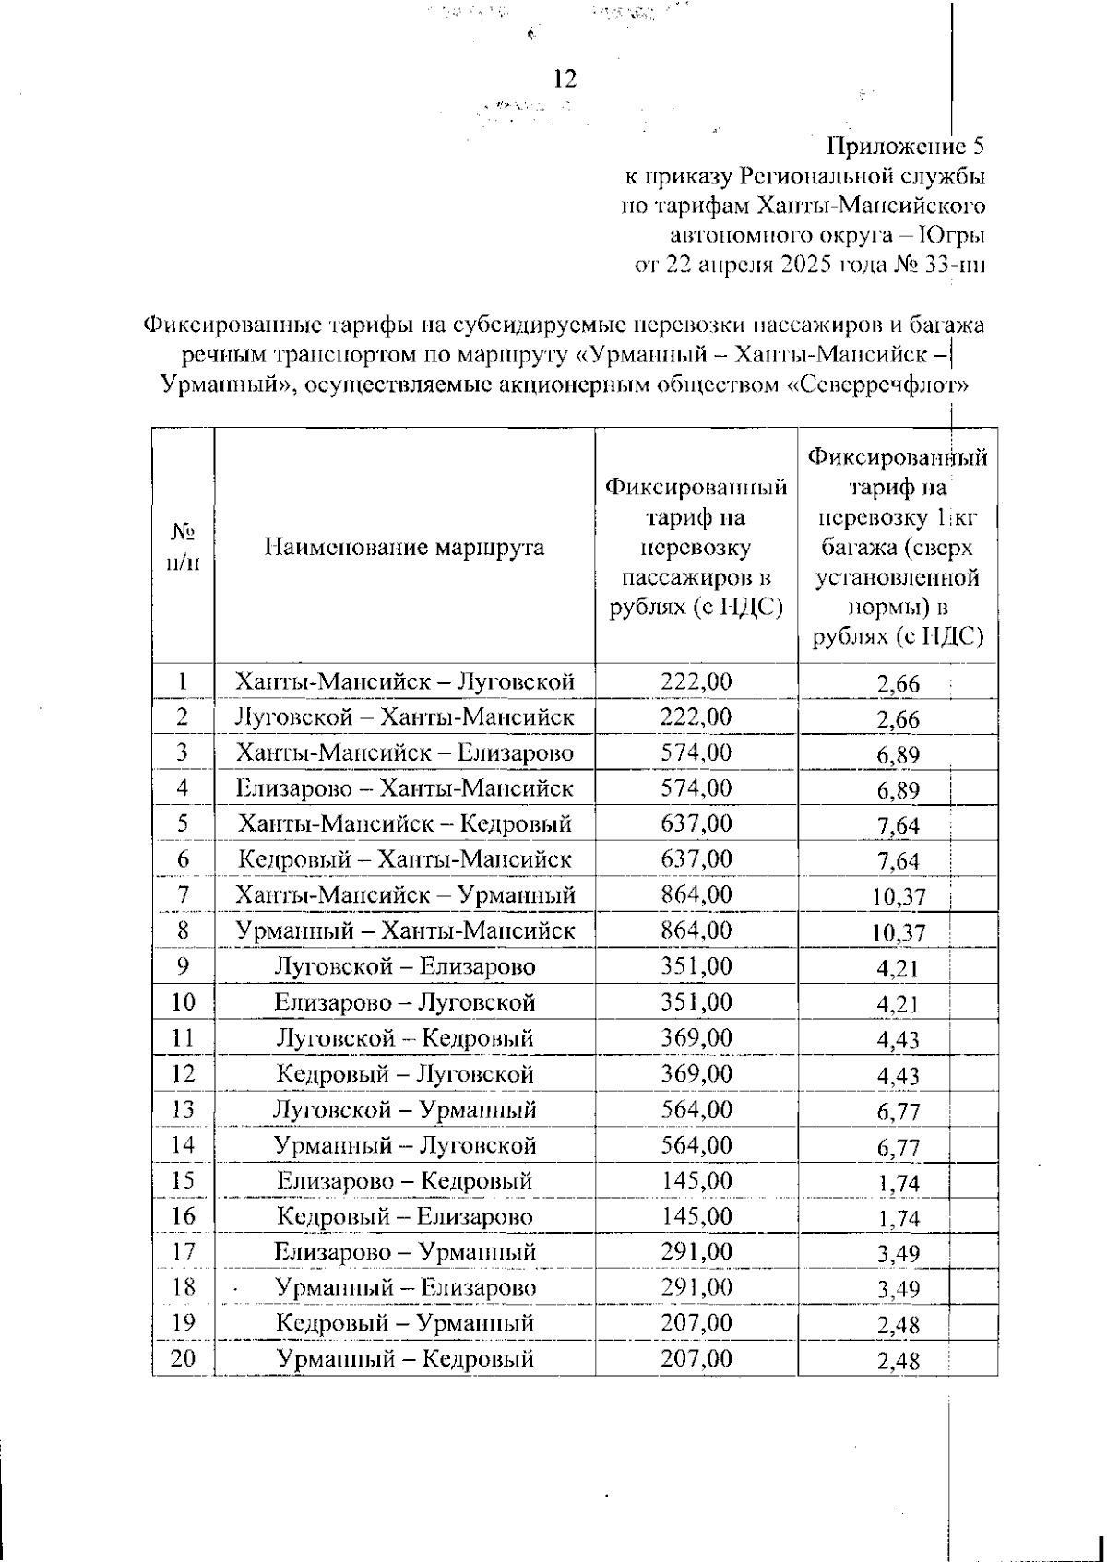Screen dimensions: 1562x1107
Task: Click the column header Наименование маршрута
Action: click(x=404, y=548)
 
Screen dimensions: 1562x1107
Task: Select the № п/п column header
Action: click(x=183, y=548)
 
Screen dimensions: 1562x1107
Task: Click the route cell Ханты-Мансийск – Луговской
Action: click(x=404, y=682)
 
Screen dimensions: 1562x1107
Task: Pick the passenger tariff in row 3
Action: click(x=696, y=753)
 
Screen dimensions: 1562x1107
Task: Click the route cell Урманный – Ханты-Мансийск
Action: click(x=404, y=931)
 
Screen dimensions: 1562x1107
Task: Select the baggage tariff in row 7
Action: click(x=898, y=897)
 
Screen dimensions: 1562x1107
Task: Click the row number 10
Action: click(x=183, y=1002)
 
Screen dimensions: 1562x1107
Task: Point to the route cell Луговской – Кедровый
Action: click(x=404, y=1038)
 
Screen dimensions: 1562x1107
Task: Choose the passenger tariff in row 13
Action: click(x=696, y=1109)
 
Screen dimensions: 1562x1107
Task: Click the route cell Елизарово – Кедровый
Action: click(x=404, y=1181)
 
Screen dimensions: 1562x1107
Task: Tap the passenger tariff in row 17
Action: click(x=696, y=1252)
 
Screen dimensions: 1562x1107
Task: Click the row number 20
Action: click(x=183, y=1359)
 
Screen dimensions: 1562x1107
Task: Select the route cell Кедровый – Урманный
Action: click(x=404, y=1324)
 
